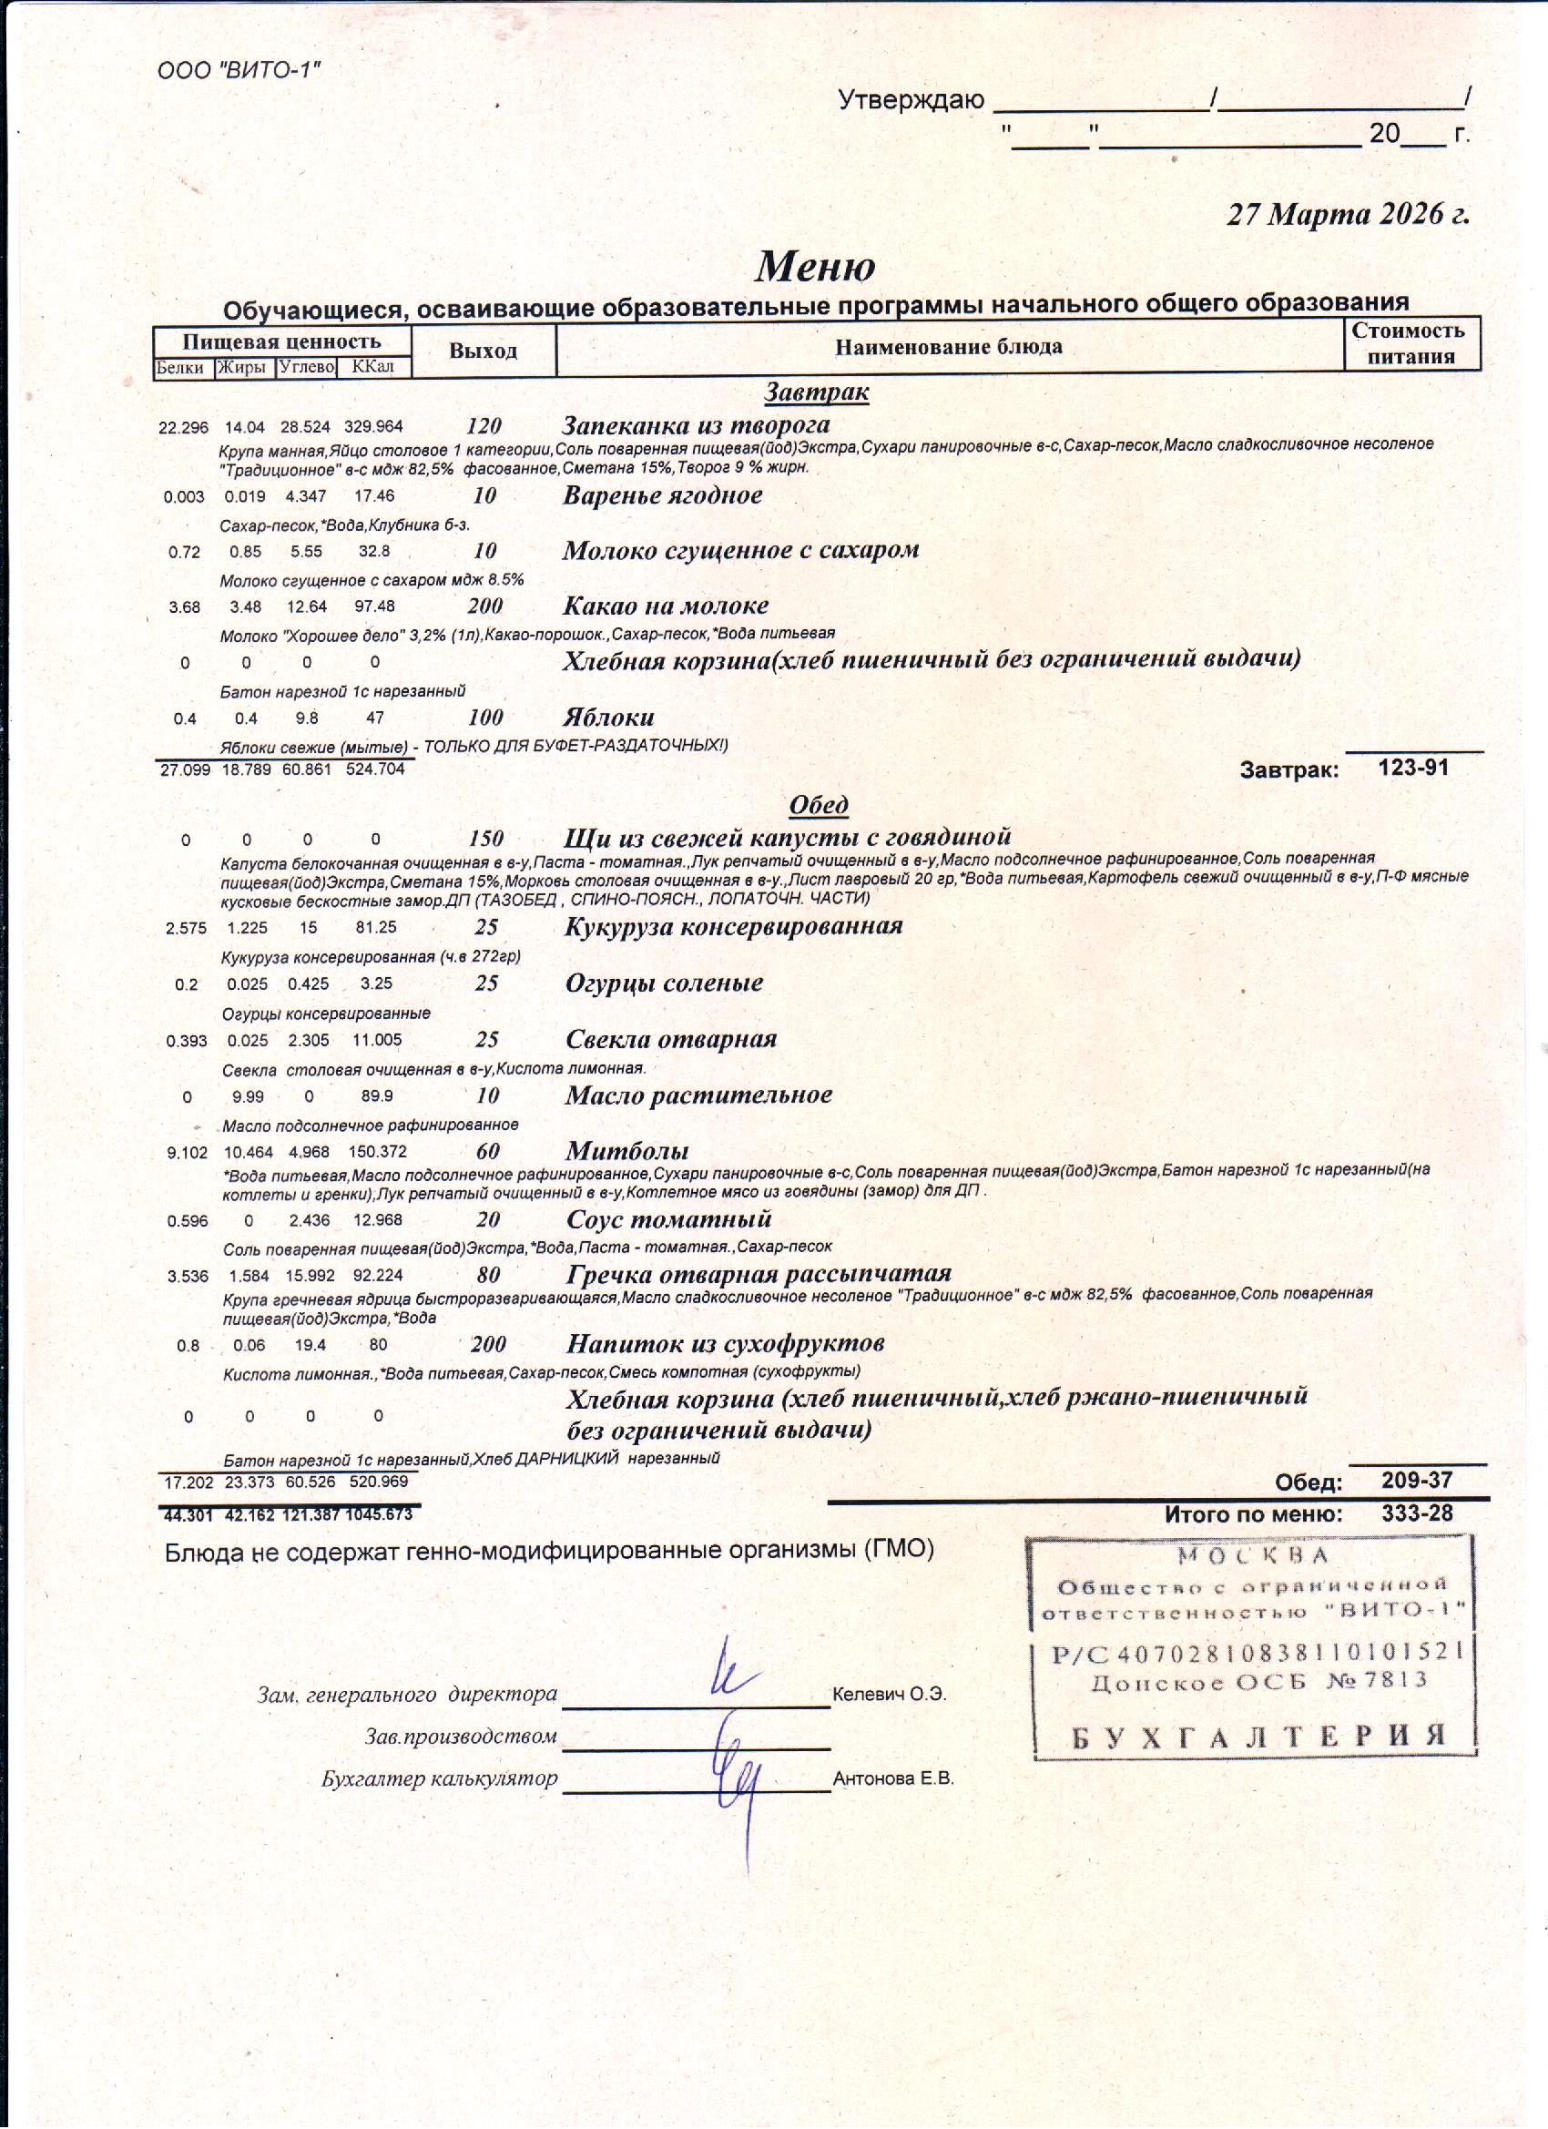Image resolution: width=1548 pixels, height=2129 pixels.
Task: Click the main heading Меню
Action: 815,267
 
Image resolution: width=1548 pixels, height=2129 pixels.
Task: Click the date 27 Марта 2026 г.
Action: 1348,215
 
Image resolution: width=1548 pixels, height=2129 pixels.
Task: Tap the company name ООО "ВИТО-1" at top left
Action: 239,71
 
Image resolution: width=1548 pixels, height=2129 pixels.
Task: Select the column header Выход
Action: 483,351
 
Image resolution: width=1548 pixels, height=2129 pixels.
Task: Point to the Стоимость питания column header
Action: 1410,343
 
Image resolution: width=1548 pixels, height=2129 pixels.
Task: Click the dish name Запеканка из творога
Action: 696,424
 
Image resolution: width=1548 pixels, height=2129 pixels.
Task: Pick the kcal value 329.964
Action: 373,427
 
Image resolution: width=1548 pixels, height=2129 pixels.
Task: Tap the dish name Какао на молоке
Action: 665,606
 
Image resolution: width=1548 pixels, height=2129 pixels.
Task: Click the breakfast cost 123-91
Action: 1413,768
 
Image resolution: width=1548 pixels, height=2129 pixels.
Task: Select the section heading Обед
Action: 819,804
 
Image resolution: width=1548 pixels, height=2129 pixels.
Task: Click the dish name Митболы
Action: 627,1151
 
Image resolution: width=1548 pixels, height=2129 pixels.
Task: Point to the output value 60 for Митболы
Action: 487,1151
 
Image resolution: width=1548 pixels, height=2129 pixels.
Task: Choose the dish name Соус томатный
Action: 668,1219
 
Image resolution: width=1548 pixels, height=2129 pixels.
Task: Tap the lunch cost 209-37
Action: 1417,1481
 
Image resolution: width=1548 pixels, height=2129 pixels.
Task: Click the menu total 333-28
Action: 1417,1513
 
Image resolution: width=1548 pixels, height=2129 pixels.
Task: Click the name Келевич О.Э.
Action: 889,1695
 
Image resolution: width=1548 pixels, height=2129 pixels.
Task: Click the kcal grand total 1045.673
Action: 379,1514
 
